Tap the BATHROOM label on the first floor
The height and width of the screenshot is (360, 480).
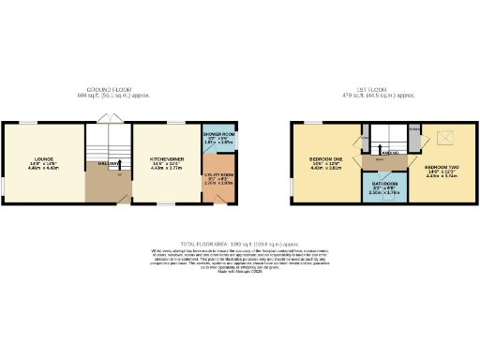click(x=385, y=184)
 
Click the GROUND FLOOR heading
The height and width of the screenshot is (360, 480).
click(x=113, y=90)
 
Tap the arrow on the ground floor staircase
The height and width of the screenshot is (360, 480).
click(x=119, y=164)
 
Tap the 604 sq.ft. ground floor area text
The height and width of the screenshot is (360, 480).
click(x=113, y=96)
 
